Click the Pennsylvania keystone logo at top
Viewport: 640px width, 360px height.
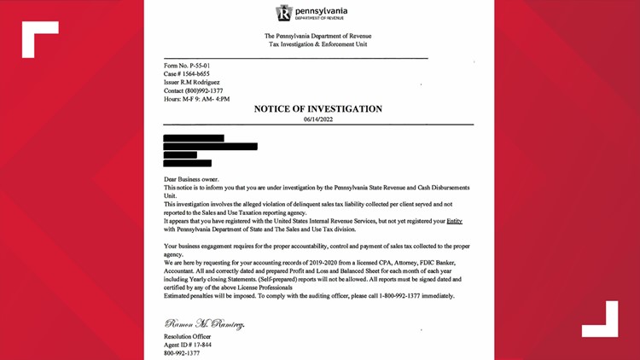pos(285,13)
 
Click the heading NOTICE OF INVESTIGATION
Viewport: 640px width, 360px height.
pos(318,109)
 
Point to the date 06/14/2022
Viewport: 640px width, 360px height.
pos(318,120)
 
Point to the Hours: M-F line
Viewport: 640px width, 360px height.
pos(195,100)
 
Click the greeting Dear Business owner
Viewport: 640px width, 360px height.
pos(192,179)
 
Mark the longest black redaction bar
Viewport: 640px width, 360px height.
pos(210,146)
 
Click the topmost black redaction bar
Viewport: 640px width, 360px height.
pos(193,137)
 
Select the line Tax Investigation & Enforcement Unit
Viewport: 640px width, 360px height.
pos(317,45)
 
